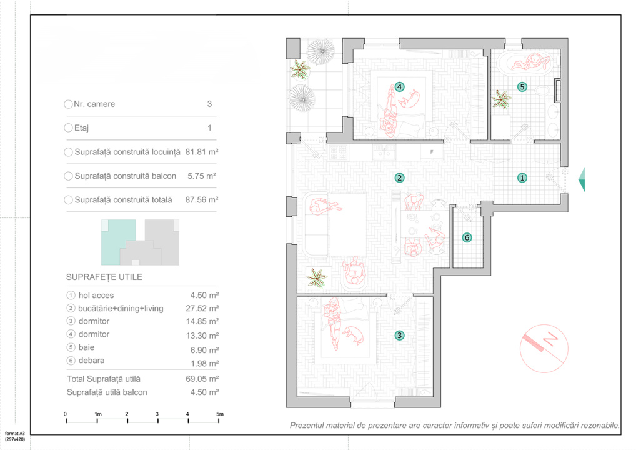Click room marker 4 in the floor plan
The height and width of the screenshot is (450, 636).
(x=399, y=87)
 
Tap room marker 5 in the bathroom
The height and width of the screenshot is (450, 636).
(x=522, y=87)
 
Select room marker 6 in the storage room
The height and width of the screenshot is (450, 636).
(x=467, y=237)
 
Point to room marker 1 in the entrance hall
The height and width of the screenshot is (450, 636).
(x=522, y=177)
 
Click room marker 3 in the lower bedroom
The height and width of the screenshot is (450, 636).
(x=399, y=336)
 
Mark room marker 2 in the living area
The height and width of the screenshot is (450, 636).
(x=399, y=177)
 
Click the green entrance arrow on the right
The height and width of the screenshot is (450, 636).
(x=582, y=179)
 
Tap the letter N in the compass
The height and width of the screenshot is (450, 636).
(x=550, y=338)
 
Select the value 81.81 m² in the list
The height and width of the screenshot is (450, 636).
(x=202, y=152)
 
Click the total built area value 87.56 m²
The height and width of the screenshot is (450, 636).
(x=202, y=200)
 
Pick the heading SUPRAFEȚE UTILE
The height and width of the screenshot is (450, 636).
(x=104, y=277)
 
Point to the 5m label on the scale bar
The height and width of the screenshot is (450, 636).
(x=220, y=414)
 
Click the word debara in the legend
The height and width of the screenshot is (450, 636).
(x=91, y=361)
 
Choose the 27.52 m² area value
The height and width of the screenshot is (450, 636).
(x=202, y=309)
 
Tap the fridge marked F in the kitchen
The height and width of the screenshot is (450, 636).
(x=431, y=152)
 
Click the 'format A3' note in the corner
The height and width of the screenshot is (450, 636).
(x=15, y=434)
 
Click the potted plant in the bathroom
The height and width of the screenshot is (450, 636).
(x=501, y=99)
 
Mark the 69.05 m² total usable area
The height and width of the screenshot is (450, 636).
(x=202, y=379)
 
